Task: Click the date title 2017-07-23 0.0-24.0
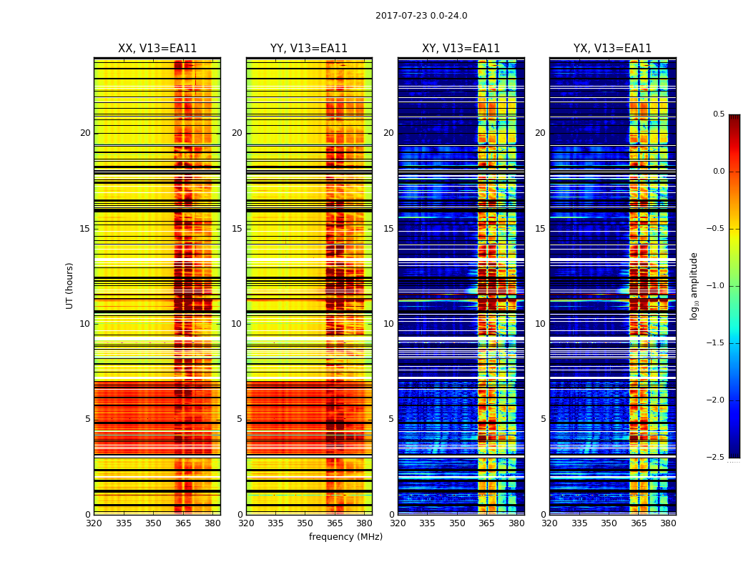pyautogui.click(x=421, y=16)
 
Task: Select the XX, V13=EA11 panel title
pyautogui.click(x=157, y=49)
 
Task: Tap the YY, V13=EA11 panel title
pyautogui.click(x=309, y=49)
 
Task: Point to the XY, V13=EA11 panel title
pyautogui.click(x=461, y=49)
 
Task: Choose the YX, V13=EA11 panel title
pyautogui.click(x=612, y=49)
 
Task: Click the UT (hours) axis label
pyautogui.click(x=70, y=285)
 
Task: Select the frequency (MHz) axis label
pyautogui.click(x=345, y=537)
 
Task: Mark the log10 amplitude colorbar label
pyautogui.click(x=694, y=285)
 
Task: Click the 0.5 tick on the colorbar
pyautogui.click(x=718, y=114)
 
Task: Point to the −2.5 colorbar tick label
pyautogui.click(x=717, y=458)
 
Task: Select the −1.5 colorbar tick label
pyautogui.click(x=717, y=343)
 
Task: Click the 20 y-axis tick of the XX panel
pyautogui.click(x=85, y=133)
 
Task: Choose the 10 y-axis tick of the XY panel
pyautogui.click(x=388, y=324)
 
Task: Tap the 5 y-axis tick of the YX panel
pyautogui.click(x=543, y=419)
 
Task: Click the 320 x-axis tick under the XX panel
pyautogui.click(x=94, y=523)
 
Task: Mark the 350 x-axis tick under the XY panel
pyautogui.click(x=457, y=523)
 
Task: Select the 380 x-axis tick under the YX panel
pyautogui.click(x=668, y=523)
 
